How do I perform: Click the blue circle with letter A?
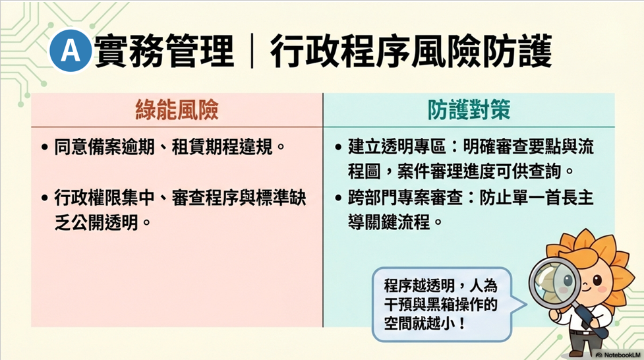click(71, 51)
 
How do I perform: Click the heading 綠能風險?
click(177, 110)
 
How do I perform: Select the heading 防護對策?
click(469, 110)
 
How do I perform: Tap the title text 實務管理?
click(164, 51)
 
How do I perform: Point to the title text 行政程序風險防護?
click(411, 51)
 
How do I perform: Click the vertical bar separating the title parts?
click(252, 51)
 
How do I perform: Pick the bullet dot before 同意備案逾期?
click(45, 147)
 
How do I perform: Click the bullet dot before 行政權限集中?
click(45, 198)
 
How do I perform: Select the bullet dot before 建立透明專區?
click(338, 147)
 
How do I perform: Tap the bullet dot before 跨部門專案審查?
click(338, 198)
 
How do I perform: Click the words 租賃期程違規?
click(222, 147)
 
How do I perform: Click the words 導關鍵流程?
click(390, 223)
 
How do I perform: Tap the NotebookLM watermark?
click(619, 355)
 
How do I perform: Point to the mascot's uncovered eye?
click(597, 281)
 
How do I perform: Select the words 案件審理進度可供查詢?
click(479, 171)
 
